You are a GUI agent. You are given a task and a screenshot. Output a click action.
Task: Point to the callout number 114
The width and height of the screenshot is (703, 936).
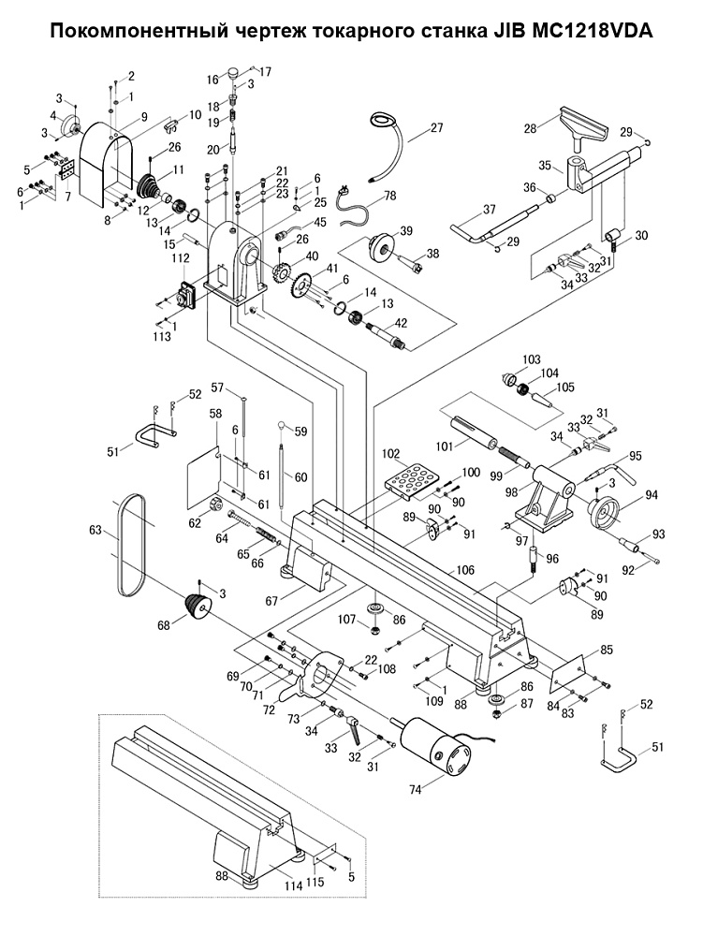point(293,886)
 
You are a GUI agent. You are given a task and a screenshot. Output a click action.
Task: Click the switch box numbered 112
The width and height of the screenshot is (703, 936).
point(187,296)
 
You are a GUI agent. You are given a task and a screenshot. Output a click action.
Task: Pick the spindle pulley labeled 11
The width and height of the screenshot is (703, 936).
point(151,187)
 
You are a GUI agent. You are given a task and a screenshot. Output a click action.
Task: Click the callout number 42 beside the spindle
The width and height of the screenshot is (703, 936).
point(401,324)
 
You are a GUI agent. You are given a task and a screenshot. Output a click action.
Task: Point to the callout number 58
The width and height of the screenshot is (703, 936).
point(215,413)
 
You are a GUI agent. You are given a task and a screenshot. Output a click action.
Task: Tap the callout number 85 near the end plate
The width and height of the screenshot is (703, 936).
point(607,650)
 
